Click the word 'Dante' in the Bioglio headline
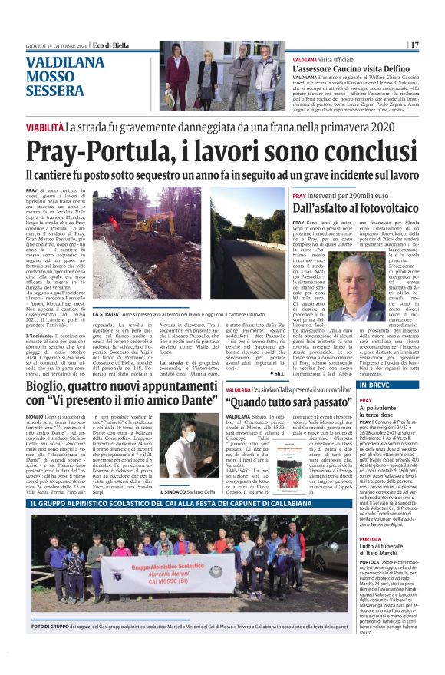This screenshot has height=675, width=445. [187, 400]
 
